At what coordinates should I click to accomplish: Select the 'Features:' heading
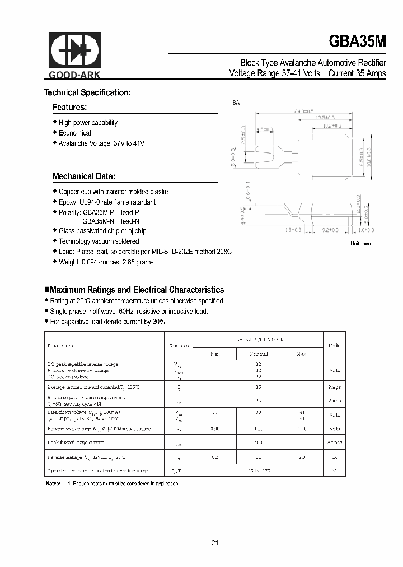click(69, 107)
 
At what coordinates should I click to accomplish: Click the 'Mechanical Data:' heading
click(84, 176)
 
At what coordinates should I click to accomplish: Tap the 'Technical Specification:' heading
click(87, 92)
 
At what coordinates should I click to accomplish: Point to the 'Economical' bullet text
click(74, 133)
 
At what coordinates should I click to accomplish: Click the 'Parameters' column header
click(60, 346)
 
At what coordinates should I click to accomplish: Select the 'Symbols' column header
click(179, 346)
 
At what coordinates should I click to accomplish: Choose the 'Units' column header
click(334, 346)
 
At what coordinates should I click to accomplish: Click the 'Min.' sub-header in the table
click(214, 354)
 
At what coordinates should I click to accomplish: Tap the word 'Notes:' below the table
click(53, 483)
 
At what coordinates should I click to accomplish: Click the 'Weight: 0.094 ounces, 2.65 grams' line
click(106, 262)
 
